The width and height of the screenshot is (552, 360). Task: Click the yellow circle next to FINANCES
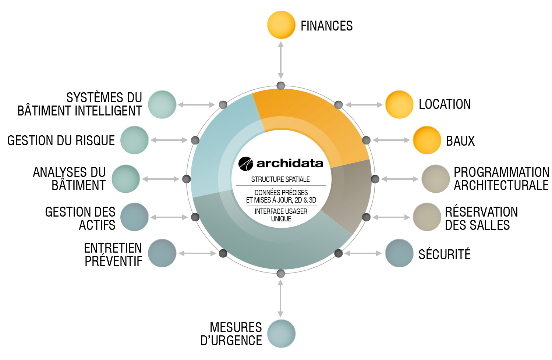[281, 25]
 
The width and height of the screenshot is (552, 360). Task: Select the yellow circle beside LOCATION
[399, 104]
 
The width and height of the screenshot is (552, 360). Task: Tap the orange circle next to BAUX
[427, 140]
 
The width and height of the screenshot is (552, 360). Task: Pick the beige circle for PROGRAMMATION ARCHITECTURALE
[436, 179]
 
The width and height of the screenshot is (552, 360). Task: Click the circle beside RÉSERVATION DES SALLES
[427, 217]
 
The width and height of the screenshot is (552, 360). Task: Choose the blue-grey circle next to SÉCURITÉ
[399, 253]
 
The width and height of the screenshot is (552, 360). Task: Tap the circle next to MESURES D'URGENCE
[281, 334]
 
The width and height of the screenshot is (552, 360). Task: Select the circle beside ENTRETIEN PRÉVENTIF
[162, 253]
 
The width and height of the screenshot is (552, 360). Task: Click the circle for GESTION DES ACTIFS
[135, 217]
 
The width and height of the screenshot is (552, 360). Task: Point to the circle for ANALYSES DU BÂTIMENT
[126, 179]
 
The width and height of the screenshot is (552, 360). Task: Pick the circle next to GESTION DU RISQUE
[135, 140]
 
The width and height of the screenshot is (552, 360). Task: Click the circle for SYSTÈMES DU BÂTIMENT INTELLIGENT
[162, 104]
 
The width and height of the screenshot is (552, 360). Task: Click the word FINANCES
[327, 26]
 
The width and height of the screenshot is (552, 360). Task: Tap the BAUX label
[460, 141]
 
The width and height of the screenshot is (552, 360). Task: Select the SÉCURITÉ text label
[445, 254]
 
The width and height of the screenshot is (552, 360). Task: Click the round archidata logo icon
[246, 164]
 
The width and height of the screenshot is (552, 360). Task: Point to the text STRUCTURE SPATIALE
[280, 179]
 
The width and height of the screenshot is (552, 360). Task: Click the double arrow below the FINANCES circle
[281, 60]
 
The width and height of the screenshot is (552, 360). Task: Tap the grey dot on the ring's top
[281, 86]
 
